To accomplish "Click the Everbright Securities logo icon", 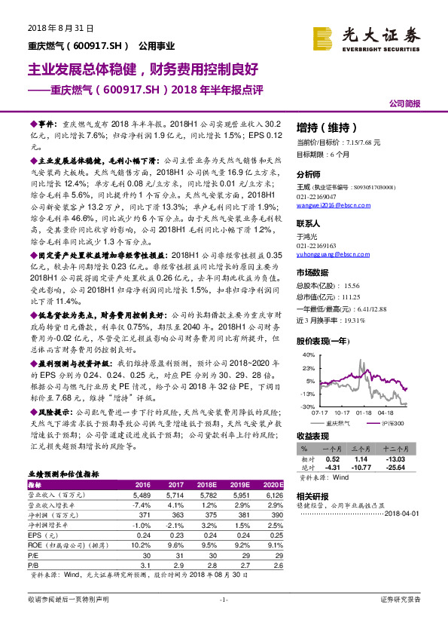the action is [x=325, y=37].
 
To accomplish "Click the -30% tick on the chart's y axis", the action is [x=308, y=406].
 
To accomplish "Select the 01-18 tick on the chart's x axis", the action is [x=365, y=413].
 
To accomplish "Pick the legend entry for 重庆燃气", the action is [x=340, y=424].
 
